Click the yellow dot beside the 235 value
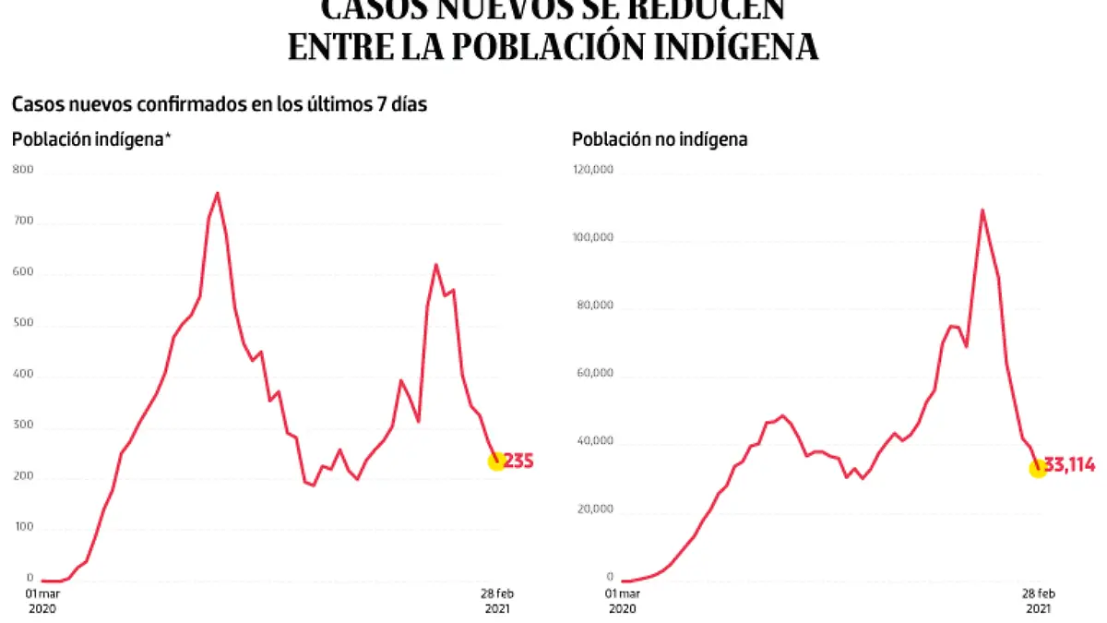[496, 461]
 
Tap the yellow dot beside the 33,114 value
[1037, 469]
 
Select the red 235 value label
[519, 461]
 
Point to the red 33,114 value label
[1071, 465]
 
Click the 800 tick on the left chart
[22, 169]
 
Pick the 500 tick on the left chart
[22, 324]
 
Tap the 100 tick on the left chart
[22, 527]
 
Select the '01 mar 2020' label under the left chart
[42, 600]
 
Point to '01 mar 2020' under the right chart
[622, 600]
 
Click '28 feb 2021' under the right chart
[1038, 600]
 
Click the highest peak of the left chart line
[217, 193]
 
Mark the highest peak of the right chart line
[982, 210]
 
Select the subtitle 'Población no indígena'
[660, 140]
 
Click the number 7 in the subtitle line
[381, 105]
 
